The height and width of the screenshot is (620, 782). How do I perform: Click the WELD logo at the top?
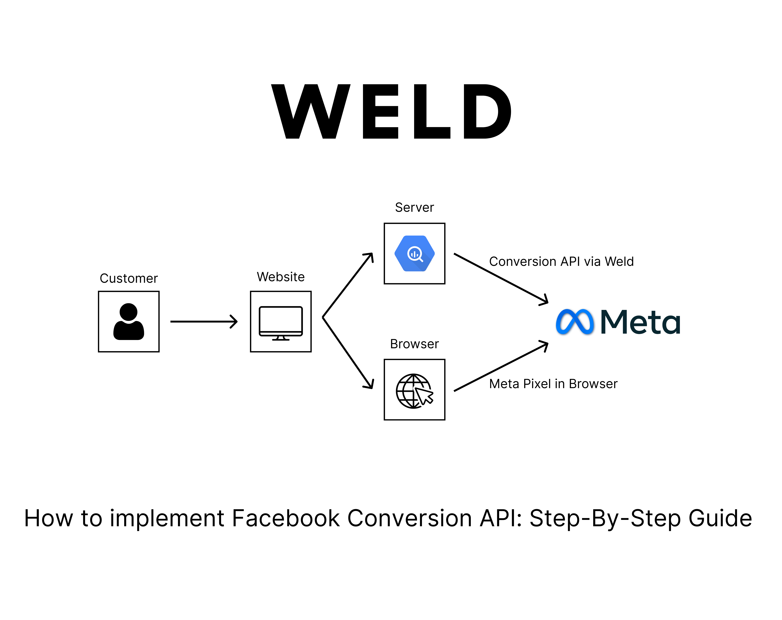pyautogui.click(x=391, y=111)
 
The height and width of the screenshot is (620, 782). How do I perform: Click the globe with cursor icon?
pyautogui.click(x=414, y=391)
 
